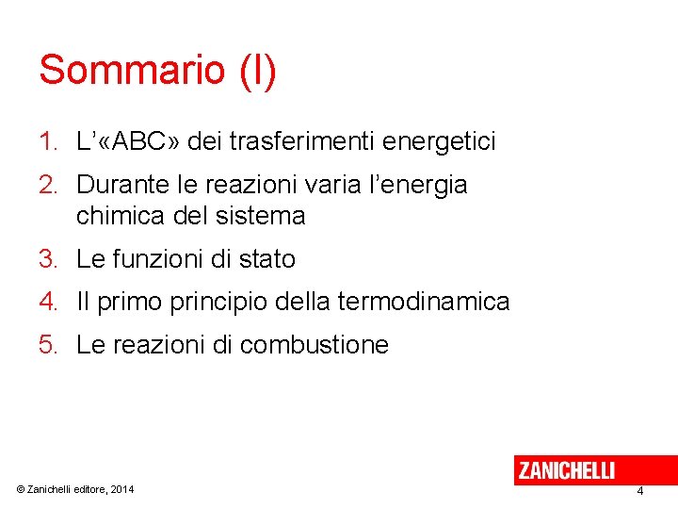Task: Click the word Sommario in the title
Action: (x=132, y=71)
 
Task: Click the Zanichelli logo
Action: (x=566, y=469)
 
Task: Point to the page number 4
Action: (x=640, y=491)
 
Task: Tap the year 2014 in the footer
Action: (x=121, y=489)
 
